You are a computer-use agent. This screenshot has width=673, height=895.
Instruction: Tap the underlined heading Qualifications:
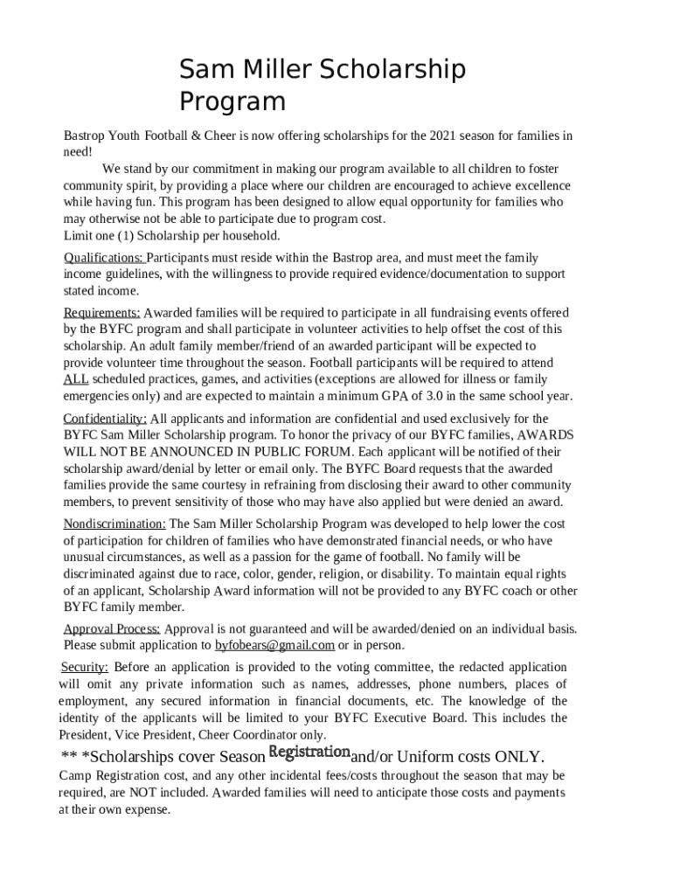pos(104,258)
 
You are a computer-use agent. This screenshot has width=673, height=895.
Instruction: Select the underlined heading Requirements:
pos(101,313)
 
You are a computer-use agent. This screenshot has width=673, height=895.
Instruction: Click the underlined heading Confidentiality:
pos(105,419)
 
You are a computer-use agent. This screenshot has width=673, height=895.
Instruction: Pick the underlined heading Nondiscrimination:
pos(114,524)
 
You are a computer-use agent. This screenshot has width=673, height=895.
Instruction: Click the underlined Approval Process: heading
pos(112,629)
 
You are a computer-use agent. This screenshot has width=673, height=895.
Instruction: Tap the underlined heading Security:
pos(84,668)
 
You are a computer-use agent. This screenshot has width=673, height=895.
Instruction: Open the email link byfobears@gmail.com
pos(274,646)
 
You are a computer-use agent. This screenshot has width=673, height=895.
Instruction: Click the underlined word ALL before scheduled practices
pos(76,379)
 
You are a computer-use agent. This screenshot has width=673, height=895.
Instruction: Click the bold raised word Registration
pos(309,753)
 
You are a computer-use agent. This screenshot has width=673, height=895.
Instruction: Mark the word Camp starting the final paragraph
pos(75,775)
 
